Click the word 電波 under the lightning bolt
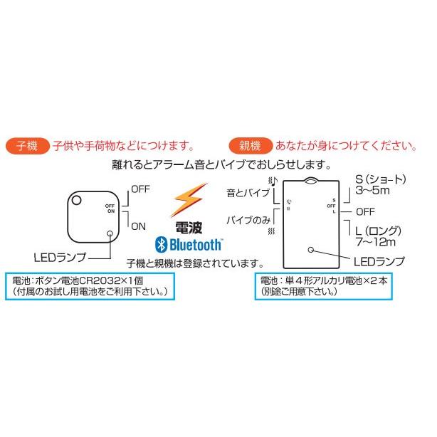(189, 228)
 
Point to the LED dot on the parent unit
(311, 249)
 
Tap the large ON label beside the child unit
(138, 226)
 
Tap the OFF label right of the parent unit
(365, 212)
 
